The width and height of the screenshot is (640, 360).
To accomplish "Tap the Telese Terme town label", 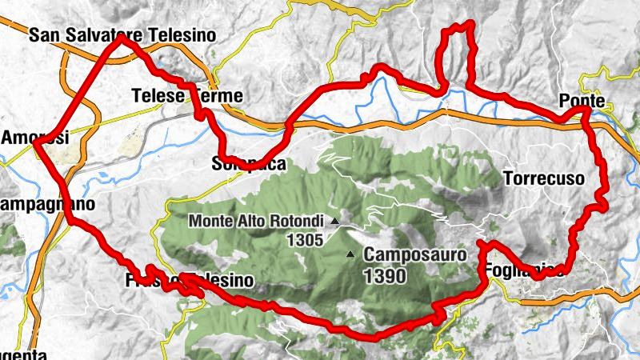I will [x=186, y=97].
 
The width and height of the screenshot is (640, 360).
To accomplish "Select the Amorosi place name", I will [x=35, y=138].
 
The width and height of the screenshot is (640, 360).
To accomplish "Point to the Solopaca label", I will [x=238, y=164].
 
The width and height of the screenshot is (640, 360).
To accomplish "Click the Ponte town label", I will [x=582, y=102].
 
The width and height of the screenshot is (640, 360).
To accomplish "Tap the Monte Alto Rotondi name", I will [x=257, y=221].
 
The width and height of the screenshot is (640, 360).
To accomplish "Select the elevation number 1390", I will [x=385, y=276].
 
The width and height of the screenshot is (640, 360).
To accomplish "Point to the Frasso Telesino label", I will [x=190, y=281].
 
